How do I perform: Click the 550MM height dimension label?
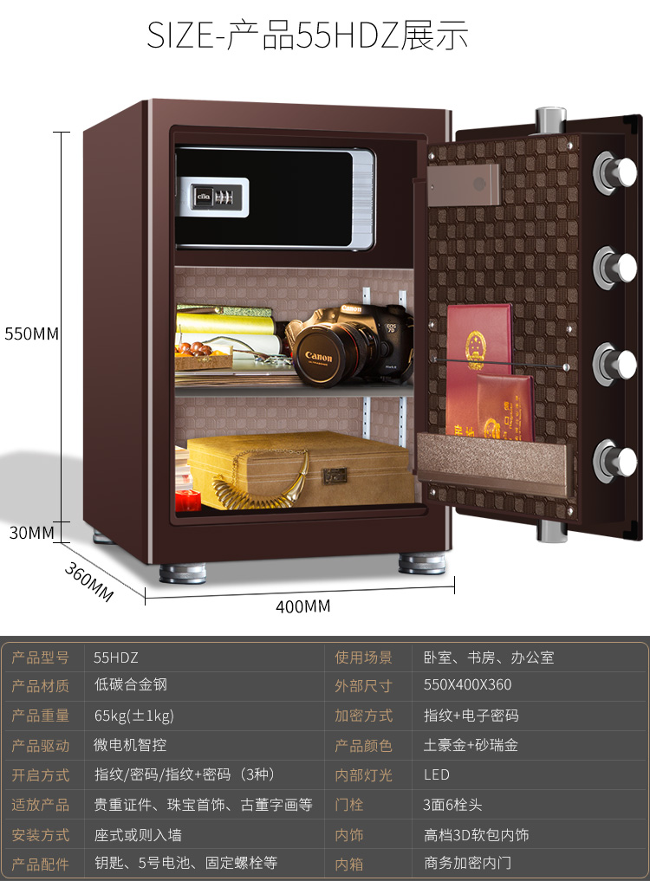click(x=32, y=334)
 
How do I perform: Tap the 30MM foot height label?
click(x=32, y=533)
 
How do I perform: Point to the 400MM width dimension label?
click(x=303, y=606)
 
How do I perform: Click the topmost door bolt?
click(x=616, y=171)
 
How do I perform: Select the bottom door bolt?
click(x=616, y=460)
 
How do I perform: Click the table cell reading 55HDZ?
click(x=116, y=658)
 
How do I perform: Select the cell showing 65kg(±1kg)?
click(x=134, y=716)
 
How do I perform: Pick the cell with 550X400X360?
click(x=467, y=684)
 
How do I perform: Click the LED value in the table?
click(x=437, y=774)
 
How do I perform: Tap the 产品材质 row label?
click(x=40, y=686)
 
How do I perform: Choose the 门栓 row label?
click(x=349, y=805)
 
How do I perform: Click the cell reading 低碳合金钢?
click(x=131, y=684)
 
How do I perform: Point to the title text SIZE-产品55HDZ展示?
click(x=308, y=36)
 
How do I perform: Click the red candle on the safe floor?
click(x=187, y=500)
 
